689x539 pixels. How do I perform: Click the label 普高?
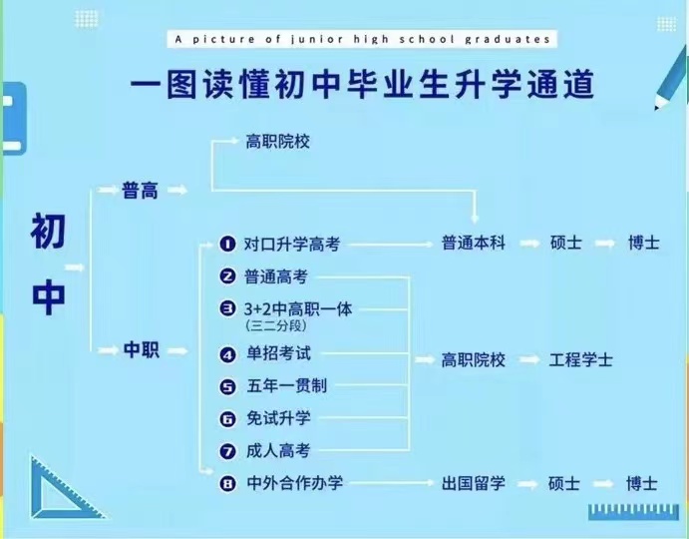[x=140, y=191]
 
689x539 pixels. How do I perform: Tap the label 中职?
[x=141, y=350]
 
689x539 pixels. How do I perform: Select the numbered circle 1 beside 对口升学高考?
[x=227, y=244]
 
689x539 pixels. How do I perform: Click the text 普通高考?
[x=275, y=276]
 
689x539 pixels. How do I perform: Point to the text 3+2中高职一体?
[x=298, y=309]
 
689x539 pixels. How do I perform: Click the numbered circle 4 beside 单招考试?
[x=227, y=354]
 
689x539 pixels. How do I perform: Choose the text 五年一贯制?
[x=286, y=386]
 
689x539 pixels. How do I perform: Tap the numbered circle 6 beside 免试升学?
[x=227, y=419]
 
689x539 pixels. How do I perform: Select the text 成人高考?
[x=278, y=450]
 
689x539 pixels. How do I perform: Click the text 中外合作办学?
[x=294, y=483]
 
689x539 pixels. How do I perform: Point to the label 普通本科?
[x=474, y=243]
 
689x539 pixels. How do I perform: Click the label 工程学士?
[x=580, y=360]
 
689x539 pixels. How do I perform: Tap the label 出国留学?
[x=474, y=483]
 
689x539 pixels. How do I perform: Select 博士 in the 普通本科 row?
[x=644, y=243]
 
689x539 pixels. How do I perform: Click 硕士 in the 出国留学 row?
[x=564, y=483]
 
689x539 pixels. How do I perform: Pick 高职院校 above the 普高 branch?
[x=277, y=142]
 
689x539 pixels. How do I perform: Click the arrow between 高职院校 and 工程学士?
[x=529, y=360]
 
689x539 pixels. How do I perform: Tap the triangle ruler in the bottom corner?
[x=67, y=488]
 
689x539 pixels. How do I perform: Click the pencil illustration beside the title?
[x=671, y=79]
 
